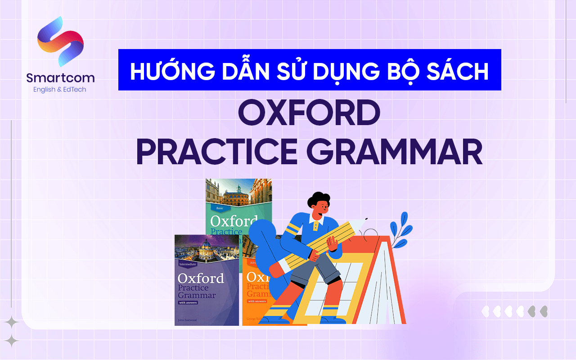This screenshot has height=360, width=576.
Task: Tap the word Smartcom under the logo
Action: tap(60, 78)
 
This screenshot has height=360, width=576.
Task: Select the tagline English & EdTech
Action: tap(59, 90)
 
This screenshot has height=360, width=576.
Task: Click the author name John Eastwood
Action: tap(188, 319)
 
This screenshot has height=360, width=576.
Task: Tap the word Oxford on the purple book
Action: tap(201, 278)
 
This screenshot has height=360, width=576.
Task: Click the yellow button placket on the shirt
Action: tap(317, 224)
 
